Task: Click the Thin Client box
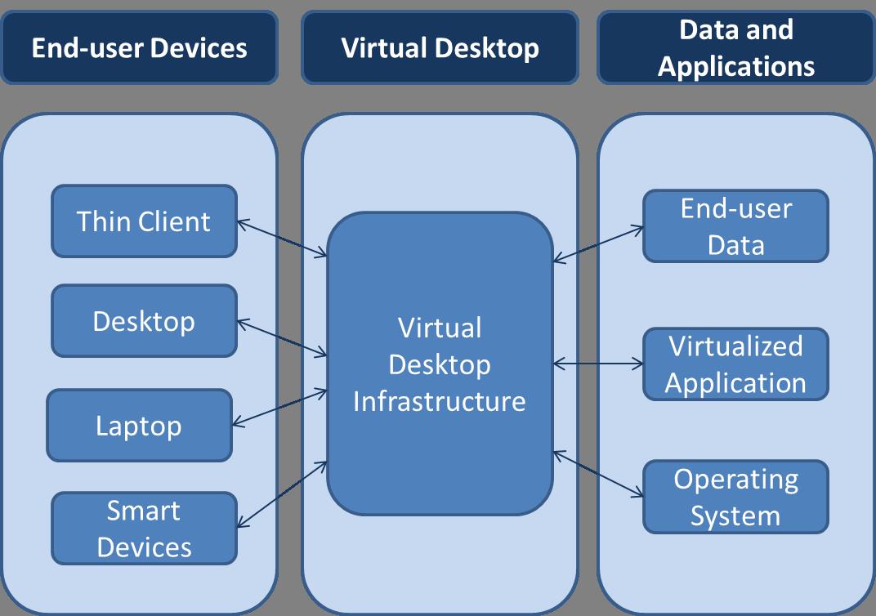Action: pyautogui.click(x=144, y=221)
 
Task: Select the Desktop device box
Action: pyautogui.click(x=144, y=320)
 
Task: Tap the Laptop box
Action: pyautogui.click(x=139, y=425)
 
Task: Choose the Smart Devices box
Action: pyautogui.click(x=144, y=528)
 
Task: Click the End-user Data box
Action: pyautogui.click(x=735, y=226)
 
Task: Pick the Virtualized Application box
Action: pyautogui.click(x=735, y=364)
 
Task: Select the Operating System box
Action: pyautogui.click(x=735, y=497)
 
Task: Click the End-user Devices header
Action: pyautogui.click(x=139, y=47)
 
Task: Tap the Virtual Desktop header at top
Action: pyautogui.click(x=440, y=47)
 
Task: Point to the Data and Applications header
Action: pyautogui.click(x=735, y=47)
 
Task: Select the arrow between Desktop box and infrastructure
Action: pyautogui.click(x=282, y=338)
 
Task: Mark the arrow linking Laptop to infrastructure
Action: pyautogui.click(x=280, y=407)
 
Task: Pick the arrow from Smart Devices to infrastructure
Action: pyautogui.click(x=282, y=494)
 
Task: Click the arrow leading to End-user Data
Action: pyautogui.click(x=598, y=244)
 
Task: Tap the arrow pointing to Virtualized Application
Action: pyautogui.click(x=598, y=363)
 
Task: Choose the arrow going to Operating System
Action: pyautogui.click(x=598, y=473)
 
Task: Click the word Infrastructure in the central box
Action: pyautogui.click(x=440, y=401)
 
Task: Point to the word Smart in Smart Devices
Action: pyautogui.click(x=144, y=511)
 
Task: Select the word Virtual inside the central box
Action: pyautogui.click(x=440, y=328)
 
